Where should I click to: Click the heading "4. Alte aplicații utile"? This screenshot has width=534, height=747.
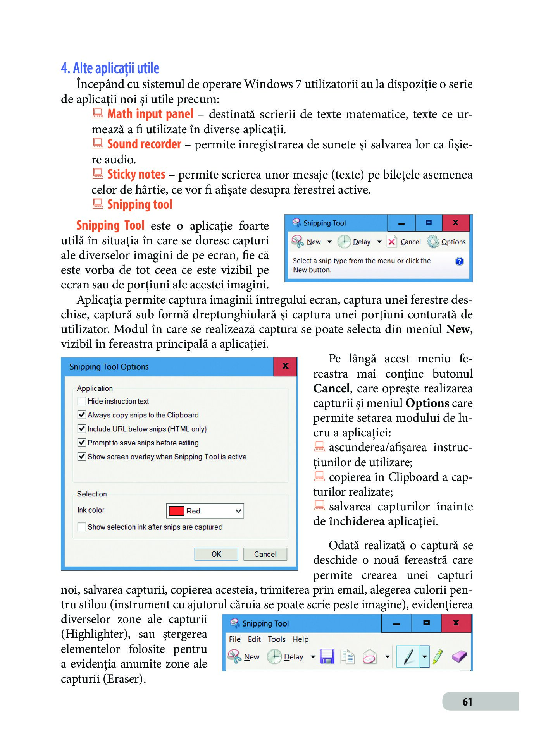(110, 68)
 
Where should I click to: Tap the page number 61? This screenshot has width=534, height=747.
(467, 702)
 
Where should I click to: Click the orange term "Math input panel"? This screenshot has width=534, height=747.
(150, 114)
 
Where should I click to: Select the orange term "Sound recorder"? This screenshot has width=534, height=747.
(144, 144)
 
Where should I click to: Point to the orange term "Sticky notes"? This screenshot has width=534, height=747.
(136, 174)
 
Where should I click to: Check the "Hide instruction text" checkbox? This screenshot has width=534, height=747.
(82, 401)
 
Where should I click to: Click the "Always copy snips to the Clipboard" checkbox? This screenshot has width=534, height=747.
(82, 415)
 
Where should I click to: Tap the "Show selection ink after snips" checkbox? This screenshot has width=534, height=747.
(82, 527)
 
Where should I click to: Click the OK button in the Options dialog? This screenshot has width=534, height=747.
(216, 554)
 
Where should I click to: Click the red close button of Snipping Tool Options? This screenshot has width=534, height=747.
(285, 366)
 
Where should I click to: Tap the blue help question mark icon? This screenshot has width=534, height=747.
(459, 261)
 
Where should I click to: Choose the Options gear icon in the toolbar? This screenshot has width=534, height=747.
(433, 242)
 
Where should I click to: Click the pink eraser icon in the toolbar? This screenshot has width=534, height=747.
(459, 656)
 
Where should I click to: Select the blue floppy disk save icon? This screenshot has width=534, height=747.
(327, 656)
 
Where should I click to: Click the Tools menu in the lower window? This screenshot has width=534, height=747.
(276, 639)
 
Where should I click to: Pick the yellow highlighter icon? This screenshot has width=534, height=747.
(438, 656)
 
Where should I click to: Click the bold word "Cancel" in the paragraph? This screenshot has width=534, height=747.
(331, 388)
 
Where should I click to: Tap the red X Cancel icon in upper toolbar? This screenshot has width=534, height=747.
(392, 242)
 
